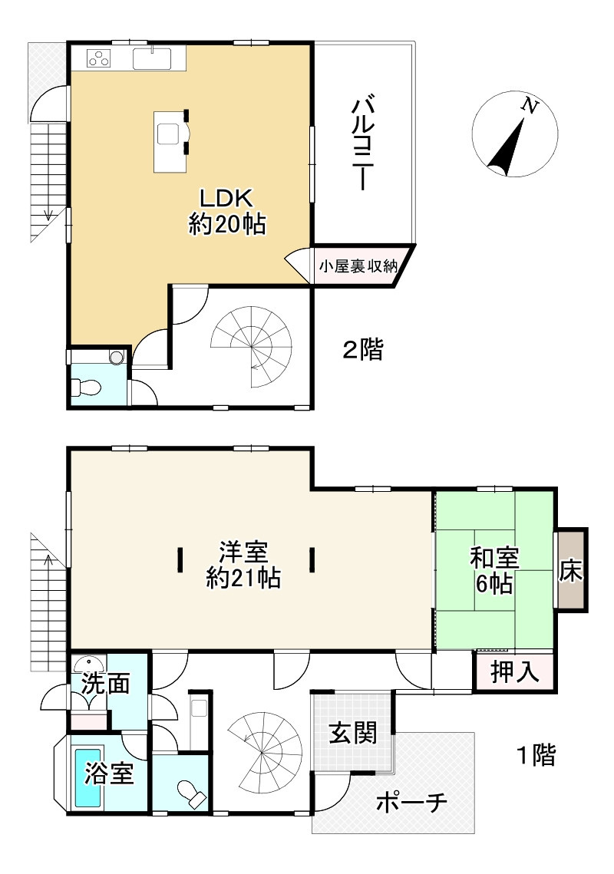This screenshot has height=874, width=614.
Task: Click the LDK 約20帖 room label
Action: coord(227,211)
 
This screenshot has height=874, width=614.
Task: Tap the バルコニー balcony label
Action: coord(363,143)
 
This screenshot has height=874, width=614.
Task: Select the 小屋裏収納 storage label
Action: coord(358,266)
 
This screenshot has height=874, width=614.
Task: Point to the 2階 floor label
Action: coord(362,350)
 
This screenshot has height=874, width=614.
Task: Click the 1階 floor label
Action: coord(536,755)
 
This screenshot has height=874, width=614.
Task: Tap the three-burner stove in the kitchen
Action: coord(100,58)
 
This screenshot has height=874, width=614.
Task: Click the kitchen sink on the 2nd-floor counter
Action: coord(152,58)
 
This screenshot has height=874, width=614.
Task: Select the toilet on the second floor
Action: coord(87,386)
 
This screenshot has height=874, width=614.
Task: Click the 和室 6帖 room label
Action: coord(494,570)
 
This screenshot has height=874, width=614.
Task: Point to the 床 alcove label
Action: coord(571,570)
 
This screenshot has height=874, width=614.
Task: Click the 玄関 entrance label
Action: coord(352,733)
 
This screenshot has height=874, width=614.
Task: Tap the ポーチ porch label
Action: coord(411,803)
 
